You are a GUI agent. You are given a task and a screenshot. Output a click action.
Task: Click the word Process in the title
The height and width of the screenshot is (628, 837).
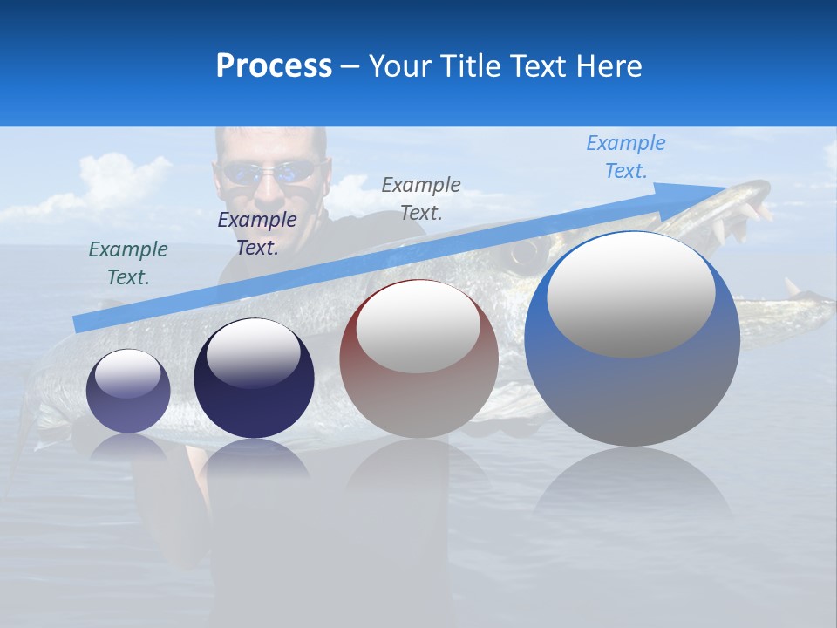point(274,66)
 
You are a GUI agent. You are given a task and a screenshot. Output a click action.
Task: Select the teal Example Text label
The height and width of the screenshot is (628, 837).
point(128,263)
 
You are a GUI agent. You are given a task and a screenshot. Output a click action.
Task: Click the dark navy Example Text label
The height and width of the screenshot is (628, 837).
point(257,234)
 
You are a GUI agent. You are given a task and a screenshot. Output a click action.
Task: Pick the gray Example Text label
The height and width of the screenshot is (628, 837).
point(421,198)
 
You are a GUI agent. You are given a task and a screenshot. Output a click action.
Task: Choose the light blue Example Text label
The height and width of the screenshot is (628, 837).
point(626,157)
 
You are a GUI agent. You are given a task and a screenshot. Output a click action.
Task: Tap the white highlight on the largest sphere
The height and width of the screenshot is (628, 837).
point(630,294)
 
